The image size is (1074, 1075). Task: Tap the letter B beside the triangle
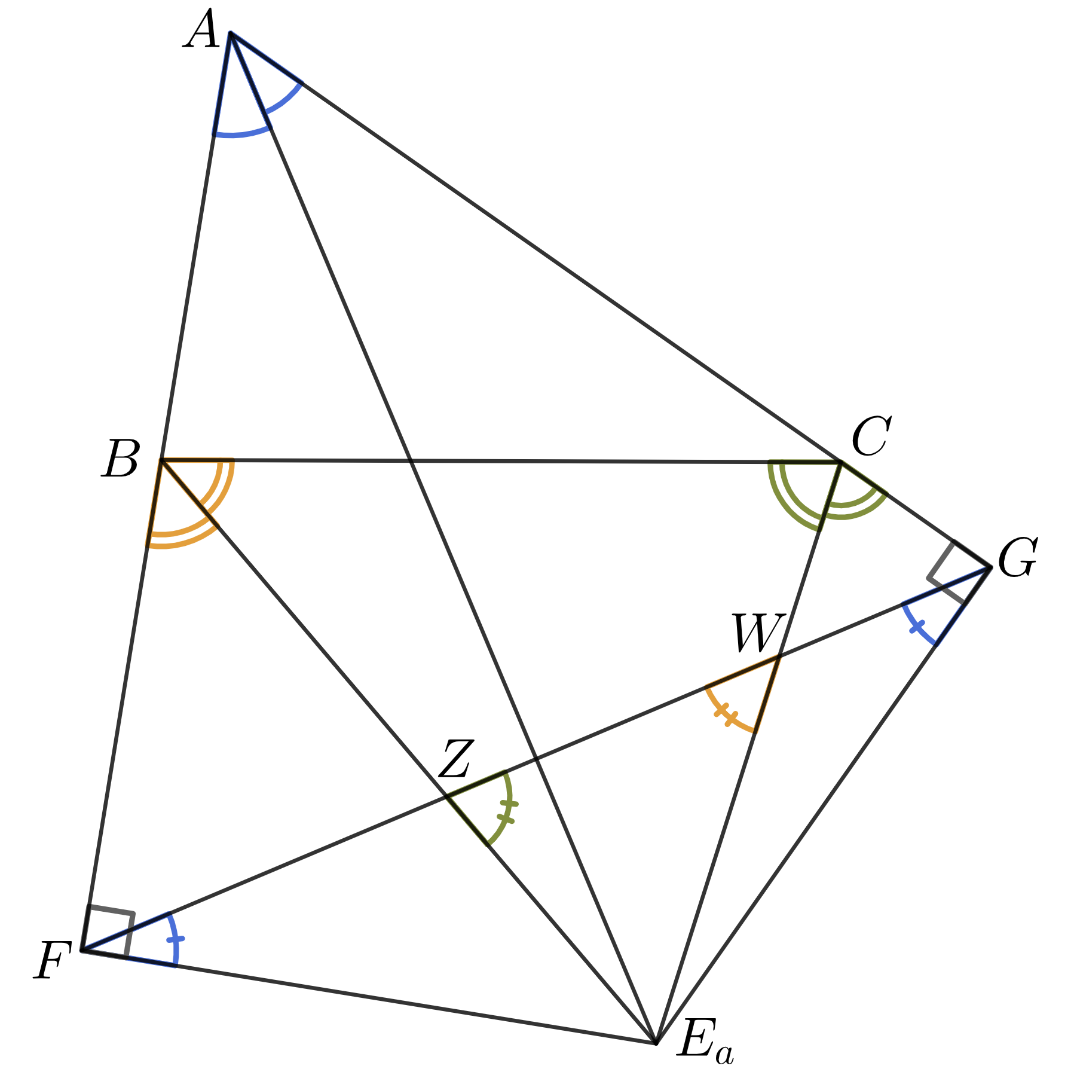click(121, 459)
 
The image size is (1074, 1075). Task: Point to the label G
click(1018, 558)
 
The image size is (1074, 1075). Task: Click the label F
click(53, 961)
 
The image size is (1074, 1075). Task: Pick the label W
click(757, 634)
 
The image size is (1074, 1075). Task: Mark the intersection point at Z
click(447, 796)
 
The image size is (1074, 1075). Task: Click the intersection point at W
click(779, 657)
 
